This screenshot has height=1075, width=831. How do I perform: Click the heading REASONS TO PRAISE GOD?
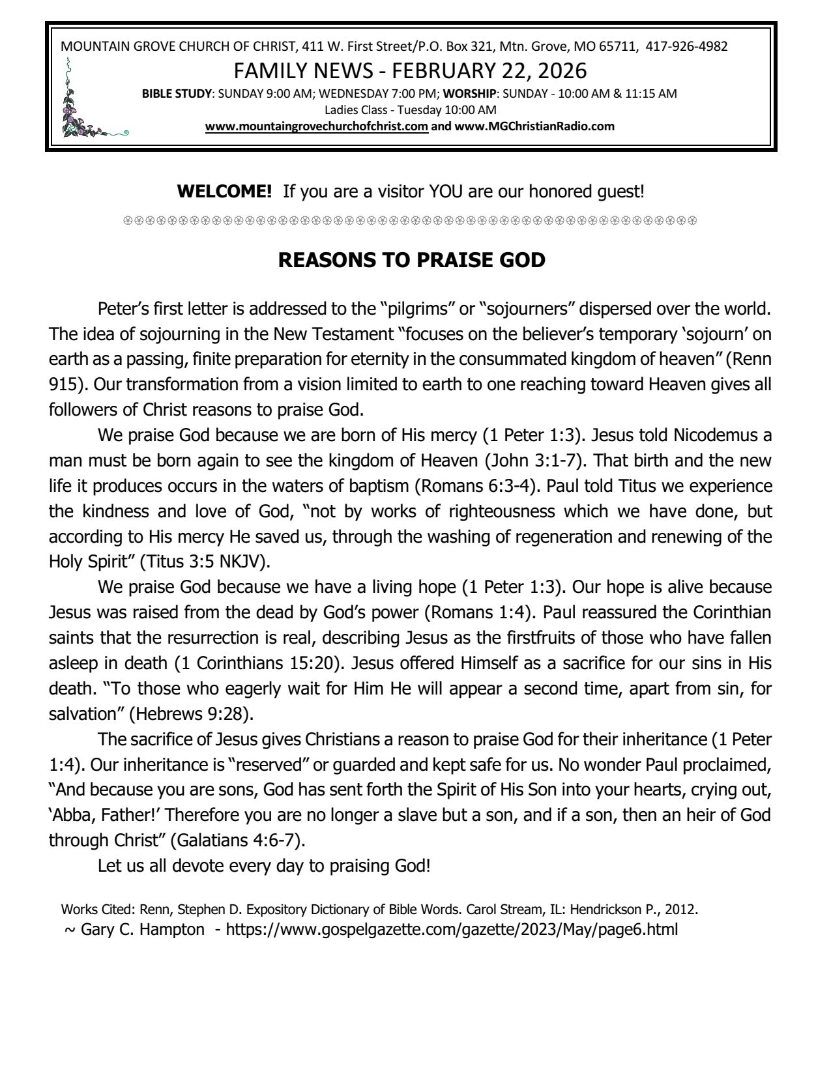point(411,260)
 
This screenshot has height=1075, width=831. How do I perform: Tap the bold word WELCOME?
point(224,192)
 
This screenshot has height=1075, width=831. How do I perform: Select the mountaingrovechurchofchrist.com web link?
point(316,126)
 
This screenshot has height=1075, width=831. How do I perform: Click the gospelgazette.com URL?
point(451,929)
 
